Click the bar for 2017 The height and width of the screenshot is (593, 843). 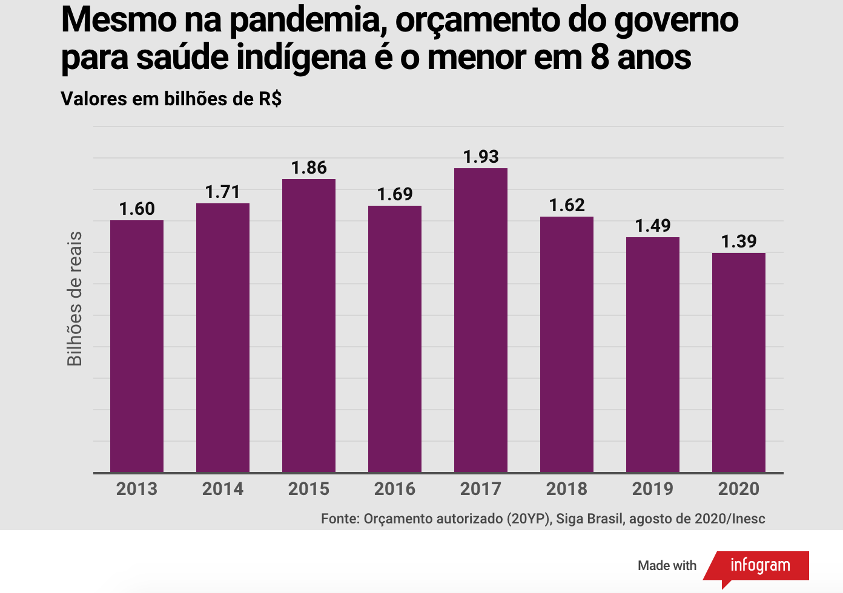tap(481, 320)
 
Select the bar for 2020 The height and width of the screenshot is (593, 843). tap(739, 362)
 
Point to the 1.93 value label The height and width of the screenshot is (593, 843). tap(481, 157)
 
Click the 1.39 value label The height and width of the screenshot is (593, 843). tap(739, 241)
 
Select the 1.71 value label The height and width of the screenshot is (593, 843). tap(223, 192)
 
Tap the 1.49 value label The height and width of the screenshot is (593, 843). tap(653, 226)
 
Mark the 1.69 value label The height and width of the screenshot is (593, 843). tap(395, 194)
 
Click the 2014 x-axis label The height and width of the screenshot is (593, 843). tap(223, 489)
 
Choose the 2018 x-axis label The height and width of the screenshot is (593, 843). tap(567, 489)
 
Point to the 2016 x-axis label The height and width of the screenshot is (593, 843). tap(395, 489)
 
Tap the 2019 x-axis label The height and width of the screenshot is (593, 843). tap(653, 489)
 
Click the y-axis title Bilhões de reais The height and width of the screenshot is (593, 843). tap(74, 299)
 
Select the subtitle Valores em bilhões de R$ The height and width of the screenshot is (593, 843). tap(171, 99)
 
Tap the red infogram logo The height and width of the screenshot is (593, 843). tap(760, 565)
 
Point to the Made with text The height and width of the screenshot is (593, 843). tap(667, 566)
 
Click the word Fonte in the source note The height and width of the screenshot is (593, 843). tap(340, 519)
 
